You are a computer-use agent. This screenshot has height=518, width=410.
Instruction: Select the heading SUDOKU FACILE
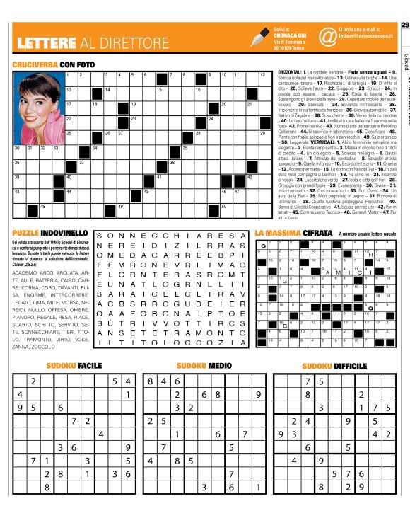[74, 366]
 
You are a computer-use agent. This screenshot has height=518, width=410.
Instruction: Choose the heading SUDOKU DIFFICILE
[335, 366]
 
